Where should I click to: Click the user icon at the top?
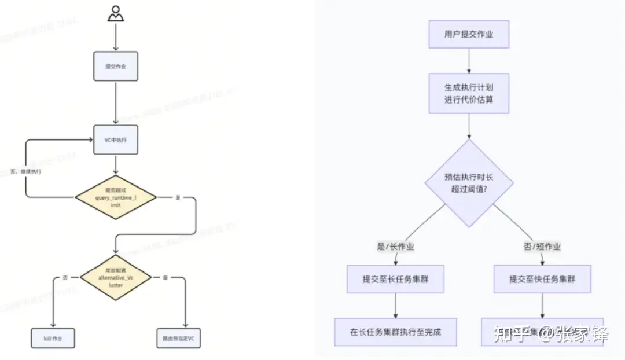coord(116,13)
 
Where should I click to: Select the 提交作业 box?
coord(116,66)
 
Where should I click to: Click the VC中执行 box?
coord(116,139)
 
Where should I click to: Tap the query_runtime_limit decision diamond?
coord(116,197)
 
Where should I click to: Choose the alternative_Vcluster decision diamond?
coord(116,278)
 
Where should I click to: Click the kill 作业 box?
coord(53,338)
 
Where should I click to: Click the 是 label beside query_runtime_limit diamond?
coord(178,197)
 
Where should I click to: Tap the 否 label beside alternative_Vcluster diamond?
coord(65,278)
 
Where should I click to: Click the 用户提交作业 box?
coord(469,35)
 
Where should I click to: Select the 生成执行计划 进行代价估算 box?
coord(469,93)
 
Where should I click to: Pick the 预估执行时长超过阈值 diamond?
coord(469,183)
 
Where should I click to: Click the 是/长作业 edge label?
coord(395,247)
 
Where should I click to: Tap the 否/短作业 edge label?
coord(542,247)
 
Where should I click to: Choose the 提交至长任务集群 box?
coord(395,280)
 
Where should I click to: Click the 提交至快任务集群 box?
coord(542,280)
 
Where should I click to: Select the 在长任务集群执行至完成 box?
coord(395,332)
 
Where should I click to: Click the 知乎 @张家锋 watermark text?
coord(550,335)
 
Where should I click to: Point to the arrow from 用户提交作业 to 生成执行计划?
coord(469,60)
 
